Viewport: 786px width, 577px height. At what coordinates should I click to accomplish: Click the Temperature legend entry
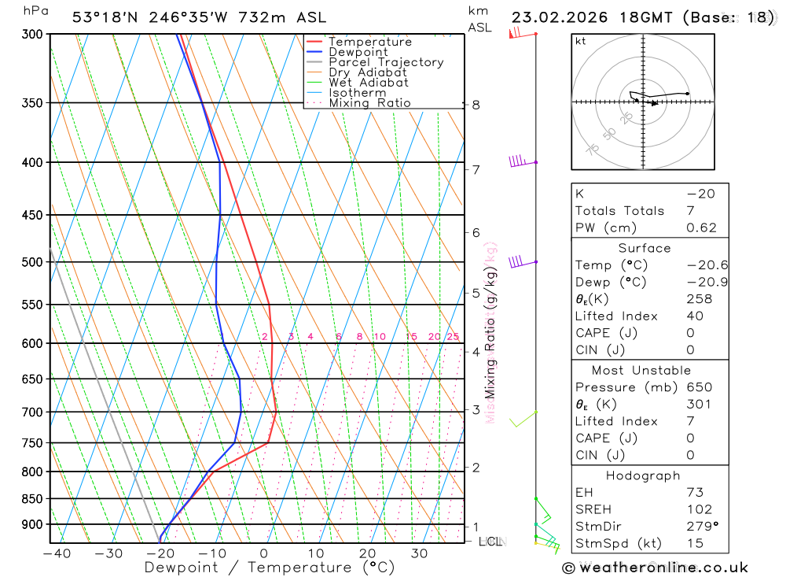click(369, 42)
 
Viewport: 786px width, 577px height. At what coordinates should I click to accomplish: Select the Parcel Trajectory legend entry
click(385, 62)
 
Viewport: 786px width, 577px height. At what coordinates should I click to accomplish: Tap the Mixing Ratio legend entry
click(369, 103)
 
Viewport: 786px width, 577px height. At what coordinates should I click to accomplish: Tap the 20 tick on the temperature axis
click(367, 553)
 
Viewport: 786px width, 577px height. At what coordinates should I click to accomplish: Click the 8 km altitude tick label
click(476, 105)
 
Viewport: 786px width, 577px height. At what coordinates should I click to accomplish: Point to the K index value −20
click(700, 194)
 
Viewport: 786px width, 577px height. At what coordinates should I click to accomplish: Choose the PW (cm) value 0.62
click(701, 228)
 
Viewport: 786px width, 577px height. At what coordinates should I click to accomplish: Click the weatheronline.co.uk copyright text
click(656, 568)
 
